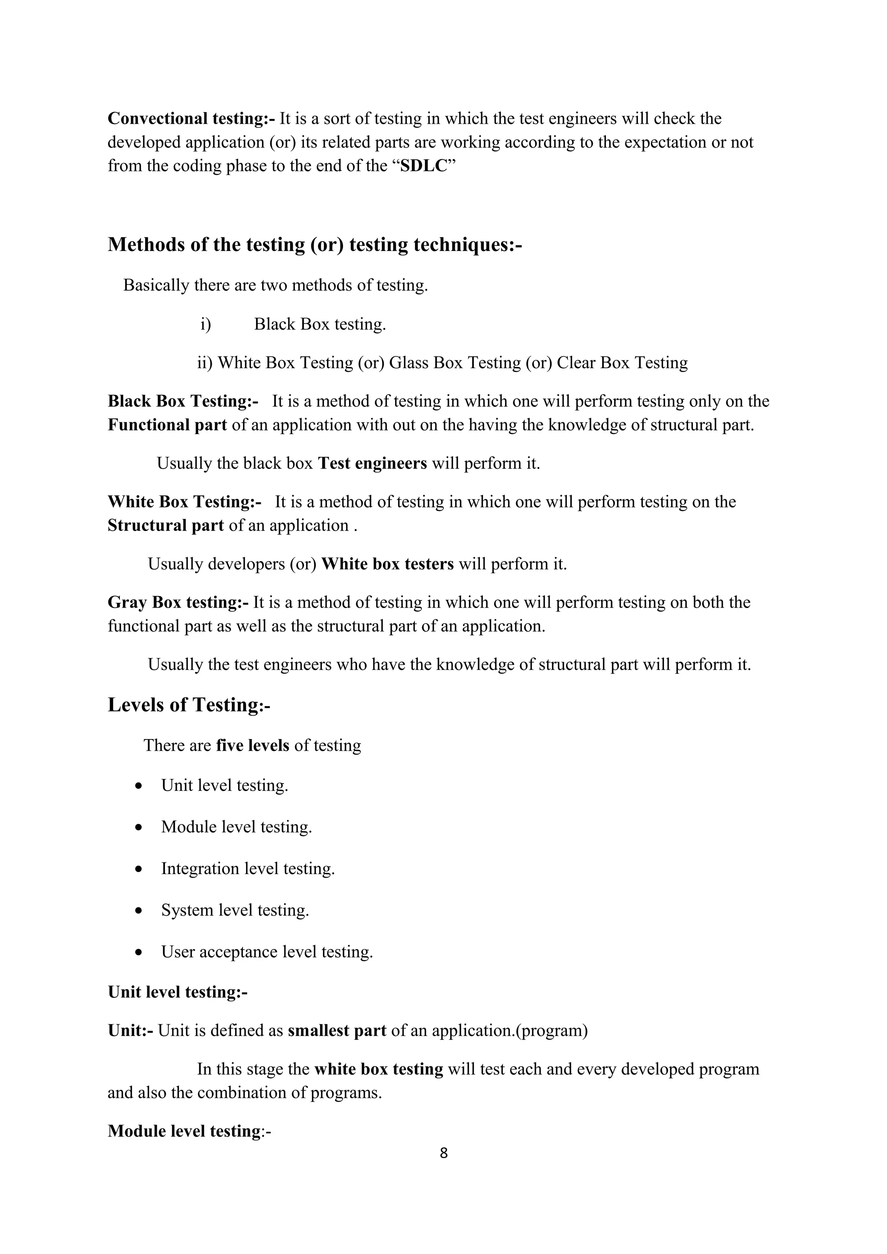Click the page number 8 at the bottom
[443, 1153]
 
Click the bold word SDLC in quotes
[424, 166]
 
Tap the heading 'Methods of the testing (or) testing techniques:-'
[315, 244]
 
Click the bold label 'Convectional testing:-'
[191, 119]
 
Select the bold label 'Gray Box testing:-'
[178, 602]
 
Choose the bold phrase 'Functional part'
[167, 425]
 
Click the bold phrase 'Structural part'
[165, 525]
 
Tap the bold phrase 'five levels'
[253, 746]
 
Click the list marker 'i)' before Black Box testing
[205, 325]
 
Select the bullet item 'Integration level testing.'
[248, 868]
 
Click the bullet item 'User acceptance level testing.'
[267, 952]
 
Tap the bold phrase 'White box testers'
[388, 564]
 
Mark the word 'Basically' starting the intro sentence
[156, 285]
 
